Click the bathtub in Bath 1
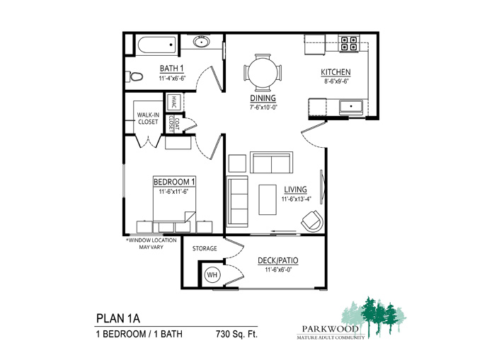coord(157,45)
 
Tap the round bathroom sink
coord(201,41)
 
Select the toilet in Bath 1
coord(134,76)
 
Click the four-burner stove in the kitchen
coord(348,44)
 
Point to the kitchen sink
coord(351,107)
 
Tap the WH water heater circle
coord(212,274)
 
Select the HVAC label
coord(174,102)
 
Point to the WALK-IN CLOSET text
coord(148,118)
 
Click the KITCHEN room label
coord(335,72)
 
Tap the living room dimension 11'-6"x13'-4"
coord(297,199)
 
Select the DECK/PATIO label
coord(278,260)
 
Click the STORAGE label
coord(205,248)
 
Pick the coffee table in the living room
coord(268,199)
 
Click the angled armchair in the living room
coord(313,221)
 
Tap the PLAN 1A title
coord(118,318)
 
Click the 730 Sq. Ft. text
coord(236,335)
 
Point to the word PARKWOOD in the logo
coord(331,329)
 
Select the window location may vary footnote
coord(151,243)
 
